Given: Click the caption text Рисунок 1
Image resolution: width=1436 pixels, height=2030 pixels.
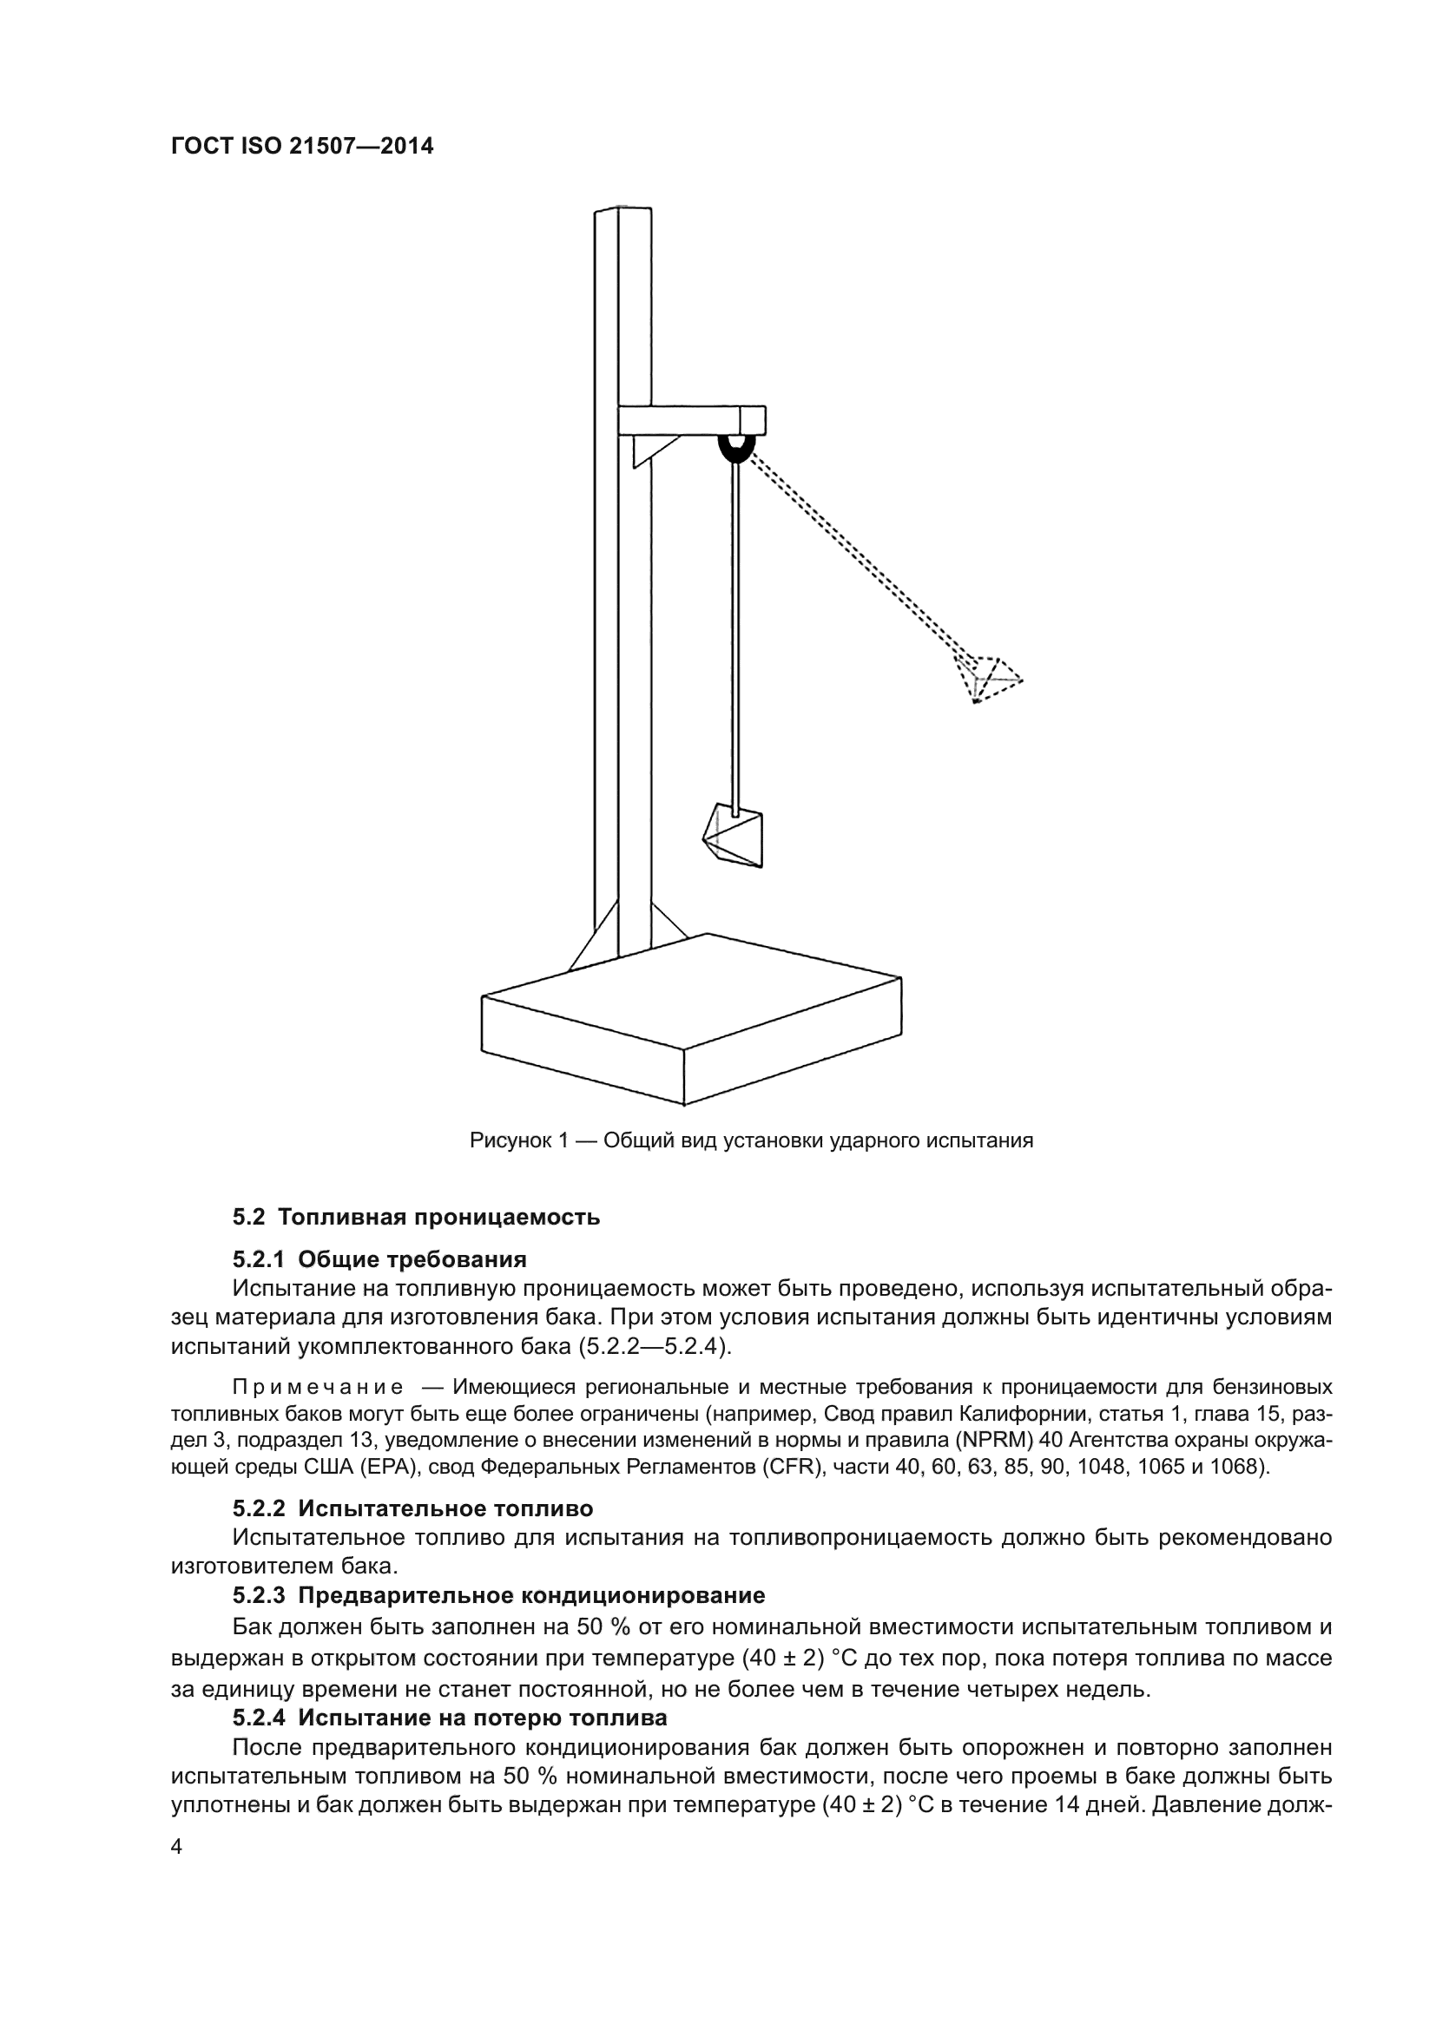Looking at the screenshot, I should point(517,1140).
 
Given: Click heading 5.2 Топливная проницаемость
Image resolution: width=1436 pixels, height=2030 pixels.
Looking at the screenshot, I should point(416,1218).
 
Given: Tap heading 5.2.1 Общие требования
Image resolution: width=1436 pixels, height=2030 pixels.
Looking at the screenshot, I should point(379,1259).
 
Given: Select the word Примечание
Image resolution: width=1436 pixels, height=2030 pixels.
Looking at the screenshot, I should point(319,1385).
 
